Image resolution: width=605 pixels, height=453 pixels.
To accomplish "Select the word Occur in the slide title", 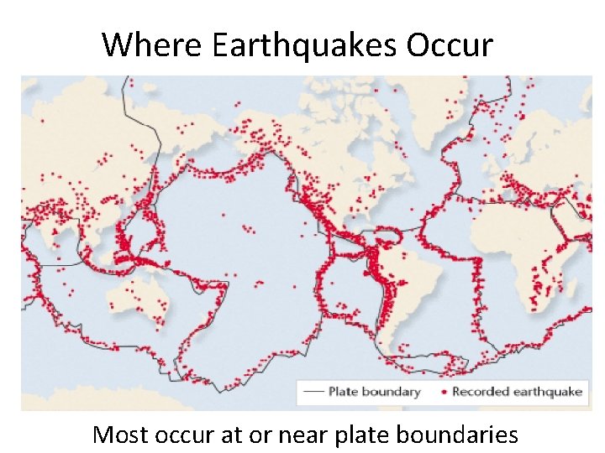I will [x=451, y=44].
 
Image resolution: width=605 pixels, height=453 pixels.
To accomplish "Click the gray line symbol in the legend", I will [x=313, y=392].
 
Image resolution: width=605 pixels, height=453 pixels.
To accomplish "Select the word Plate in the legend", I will [x=344, y=392].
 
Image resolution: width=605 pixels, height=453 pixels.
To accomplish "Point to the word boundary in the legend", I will [x=392, y=392].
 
